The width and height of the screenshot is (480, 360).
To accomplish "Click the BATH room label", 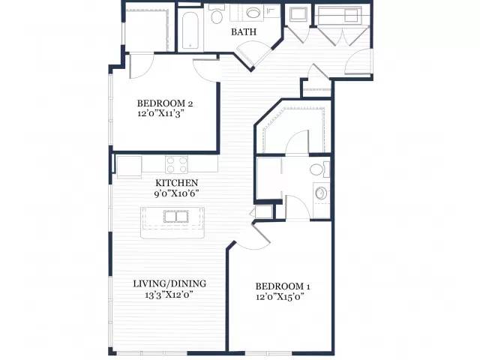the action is click(244, 31).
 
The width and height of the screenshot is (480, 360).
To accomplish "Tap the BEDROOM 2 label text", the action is click(165, 103).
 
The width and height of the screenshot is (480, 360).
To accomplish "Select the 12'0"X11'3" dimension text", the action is click(162, 114).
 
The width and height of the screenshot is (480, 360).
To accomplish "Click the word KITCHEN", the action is click(177, 183).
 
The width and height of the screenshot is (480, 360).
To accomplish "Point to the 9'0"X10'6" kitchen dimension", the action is click(177, 193).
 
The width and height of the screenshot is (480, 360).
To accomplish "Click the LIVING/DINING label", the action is click(169, 283).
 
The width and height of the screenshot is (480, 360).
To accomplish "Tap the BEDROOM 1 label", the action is click(283, 286).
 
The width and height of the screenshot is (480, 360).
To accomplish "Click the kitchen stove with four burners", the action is click(176, 165).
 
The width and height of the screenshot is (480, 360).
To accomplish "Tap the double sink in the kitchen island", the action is click(176, 217).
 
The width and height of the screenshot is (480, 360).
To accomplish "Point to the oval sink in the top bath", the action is click(253, 13).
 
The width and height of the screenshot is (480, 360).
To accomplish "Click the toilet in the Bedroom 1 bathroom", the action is click(319, 169).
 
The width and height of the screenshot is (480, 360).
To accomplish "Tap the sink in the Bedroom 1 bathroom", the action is click(320, 193).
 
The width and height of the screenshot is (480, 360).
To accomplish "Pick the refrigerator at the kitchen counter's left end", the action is click(129, 166).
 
